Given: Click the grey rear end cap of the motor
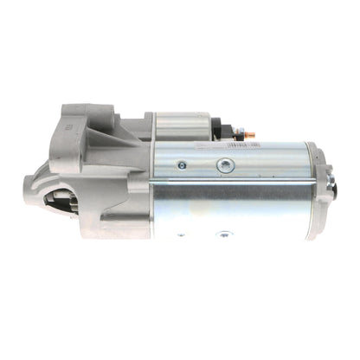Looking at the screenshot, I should [324, 195].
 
